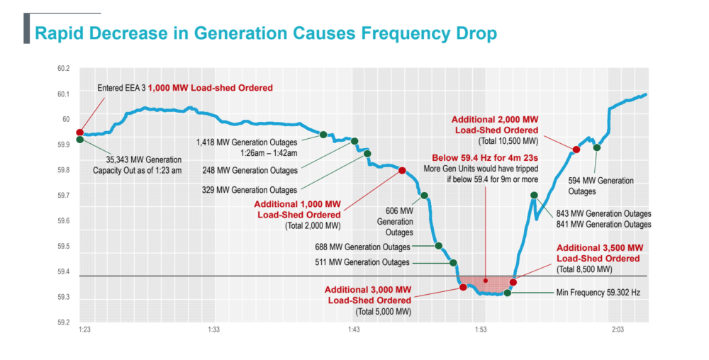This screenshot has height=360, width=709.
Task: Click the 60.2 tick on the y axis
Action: (64, 68)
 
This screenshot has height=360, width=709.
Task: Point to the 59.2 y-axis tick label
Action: (64, 322)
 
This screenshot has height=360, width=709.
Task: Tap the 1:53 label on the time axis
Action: (481, 330)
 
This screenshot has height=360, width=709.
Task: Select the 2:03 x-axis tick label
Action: (618, 330)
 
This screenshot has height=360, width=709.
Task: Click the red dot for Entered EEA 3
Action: (80, 133)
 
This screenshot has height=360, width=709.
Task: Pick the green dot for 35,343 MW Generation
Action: (80, 140)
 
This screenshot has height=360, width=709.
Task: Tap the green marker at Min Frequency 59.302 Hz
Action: (508, 292)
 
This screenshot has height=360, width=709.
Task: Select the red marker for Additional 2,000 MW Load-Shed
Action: (576, 150)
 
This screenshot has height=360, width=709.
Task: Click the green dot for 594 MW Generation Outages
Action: (597, 147)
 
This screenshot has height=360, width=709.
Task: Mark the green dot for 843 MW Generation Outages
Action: (534, 195)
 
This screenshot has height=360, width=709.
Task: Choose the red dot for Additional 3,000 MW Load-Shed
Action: (463, 287)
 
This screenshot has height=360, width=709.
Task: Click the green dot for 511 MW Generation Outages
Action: (453, 263)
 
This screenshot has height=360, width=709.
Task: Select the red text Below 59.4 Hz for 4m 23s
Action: (485, 158)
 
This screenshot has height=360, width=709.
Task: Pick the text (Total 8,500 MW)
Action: (584, 270)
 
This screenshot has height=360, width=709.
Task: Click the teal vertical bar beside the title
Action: (26, 28)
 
